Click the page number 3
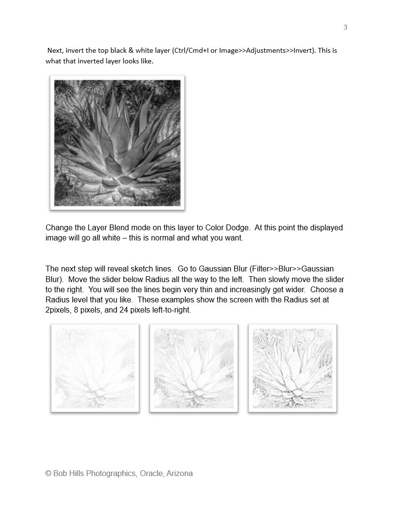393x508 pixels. (345, 27)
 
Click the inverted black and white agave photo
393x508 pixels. (118, 143)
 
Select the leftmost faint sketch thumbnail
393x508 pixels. (95, 368)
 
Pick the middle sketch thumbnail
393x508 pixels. (194, 368)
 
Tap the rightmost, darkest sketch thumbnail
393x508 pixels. (292, 368)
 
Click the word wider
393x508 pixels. (290, 290)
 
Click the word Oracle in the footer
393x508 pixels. (151, 474)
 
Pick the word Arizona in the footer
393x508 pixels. (179, 474)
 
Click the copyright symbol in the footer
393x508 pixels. (48, 474)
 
